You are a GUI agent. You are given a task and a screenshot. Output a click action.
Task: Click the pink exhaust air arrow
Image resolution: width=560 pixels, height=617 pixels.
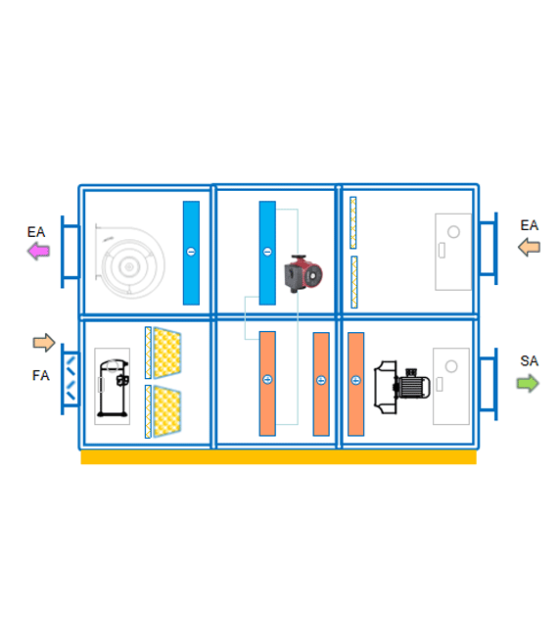(38, 251)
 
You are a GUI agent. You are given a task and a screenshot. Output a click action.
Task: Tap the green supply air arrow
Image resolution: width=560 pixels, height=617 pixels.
(528, 383)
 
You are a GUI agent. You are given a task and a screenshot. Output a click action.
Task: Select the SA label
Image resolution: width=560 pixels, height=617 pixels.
(529, 360)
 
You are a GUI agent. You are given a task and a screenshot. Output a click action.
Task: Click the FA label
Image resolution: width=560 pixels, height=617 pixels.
(41, 375)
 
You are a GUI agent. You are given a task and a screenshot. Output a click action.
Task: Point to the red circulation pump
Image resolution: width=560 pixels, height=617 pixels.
(303, 273)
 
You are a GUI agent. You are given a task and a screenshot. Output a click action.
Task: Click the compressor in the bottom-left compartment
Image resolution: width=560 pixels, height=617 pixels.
(113, 388)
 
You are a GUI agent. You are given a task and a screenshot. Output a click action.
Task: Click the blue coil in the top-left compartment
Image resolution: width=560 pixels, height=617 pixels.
(191, 253)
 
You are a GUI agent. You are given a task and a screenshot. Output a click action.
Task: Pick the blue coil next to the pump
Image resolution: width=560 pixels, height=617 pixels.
(267, 253)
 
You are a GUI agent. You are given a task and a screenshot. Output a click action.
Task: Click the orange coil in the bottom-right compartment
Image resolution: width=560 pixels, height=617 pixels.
(356, 384)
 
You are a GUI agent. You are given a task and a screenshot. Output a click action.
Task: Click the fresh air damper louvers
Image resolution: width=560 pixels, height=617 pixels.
(70, 378)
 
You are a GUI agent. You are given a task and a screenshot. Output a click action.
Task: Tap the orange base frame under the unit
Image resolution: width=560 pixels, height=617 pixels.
(278, 457)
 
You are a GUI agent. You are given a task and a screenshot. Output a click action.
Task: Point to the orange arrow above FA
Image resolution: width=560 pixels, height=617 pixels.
(44, 343)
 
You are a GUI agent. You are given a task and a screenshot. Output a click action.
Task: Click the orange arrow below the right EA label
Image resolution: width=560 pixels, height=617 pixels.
(529, 248)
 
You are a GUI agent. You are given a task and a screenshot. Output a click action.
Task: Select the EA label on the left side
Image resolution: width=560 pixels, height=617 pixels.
(36, 232)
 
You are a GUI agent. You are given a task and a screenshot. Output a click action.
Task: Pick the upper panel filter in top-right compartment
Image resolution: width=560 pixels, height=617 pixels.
(353, 222)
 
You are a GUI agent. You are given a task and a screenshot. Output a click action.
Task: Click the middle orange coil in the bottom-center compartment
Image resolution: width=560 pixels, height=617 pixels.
(321, 384)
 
